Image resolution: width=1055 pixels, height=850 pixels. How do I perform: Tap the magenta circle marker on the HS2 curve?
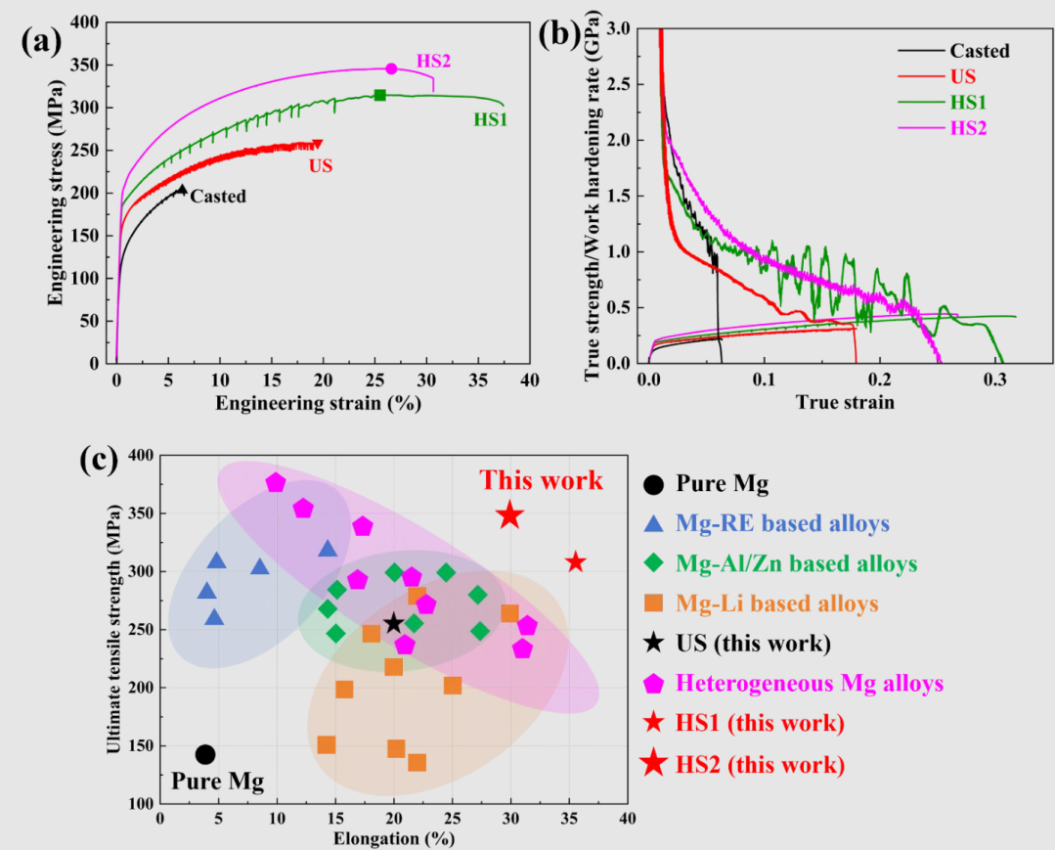click(x=391, y=68)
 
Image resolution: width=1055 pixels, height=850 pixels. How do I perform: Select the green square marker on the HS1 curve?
click(x=379, y=95)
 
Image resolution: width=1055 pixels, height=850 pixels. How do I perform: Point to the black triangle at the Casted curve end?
click(x=182, y=190)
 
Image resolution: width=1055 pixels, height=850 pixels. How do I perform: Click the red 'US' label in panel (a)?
click(x=321, y=166)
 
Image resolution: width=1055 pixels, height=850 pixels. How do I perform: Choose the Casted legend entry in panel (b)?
click(x=979, y=51)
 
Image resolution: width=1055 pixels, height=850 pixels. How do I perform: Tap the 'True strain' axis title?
click(x=844, y=402)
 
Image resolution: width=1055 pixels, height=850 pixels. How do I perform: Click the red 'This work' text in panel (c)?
click(x=541, y=481)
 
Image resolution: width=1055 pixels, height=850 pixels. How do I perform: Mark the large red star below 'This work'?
click(x=509, y=515)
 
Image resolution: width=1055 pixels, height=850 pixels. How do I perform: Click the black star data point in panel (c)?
click(x=394, y=623)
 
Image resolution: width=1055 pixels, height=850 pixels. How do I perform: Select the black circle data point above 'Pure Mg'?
click(x=205, y=754)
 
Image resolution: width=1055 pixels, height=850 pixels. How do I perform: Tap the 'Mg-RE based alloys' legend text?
click(x=782, y=523)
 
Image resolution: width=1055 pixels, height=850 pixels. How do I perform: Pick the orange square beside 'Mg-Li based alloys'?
click(x=651, y=604)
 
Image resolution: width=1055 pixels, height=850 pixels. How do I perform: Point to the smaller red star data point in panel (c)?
click(x=576, y=561)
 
